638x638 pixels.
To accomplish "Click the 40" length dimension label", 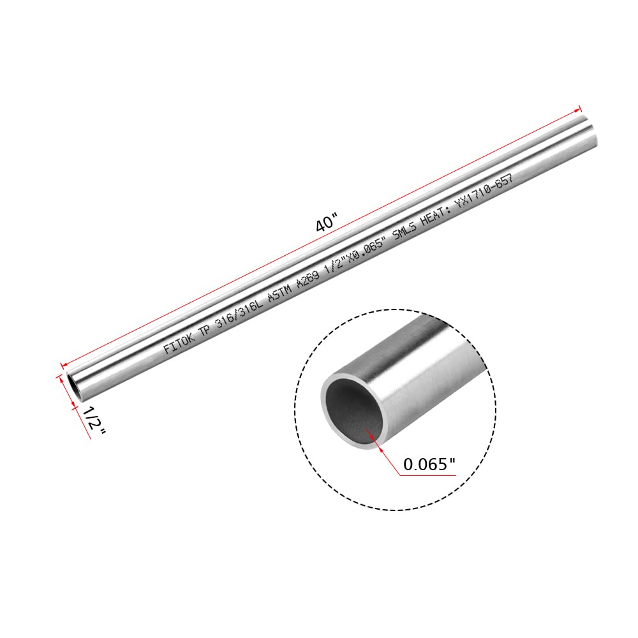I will tap(326, 224).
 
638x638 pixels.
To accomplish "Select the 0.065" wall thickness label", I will tap(429, 465).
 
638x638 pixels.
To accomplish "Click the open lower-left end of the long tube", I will tap(73, 388).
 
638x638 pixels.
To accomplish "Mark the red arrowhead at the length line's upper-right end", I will tap(579, 108).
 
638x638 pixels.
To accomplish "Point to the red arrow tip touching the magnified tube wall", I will tap(366, 431).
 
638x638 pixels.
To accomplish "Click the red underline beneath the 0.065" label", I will tap(429, 475).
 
